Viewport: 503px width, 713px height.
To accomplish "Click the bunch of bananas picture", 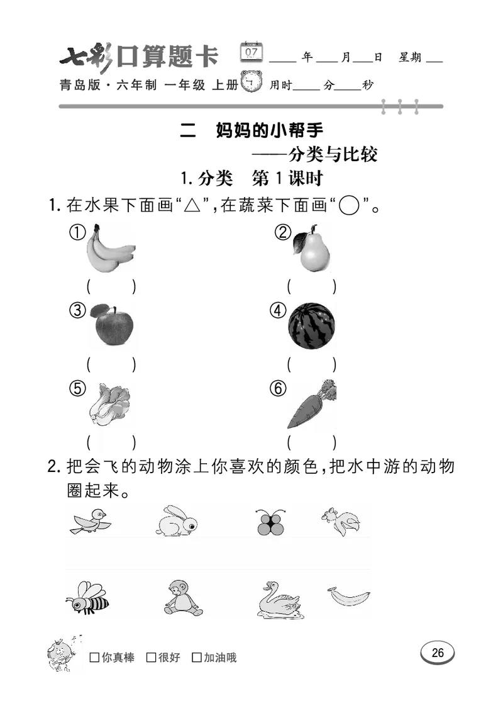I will (x=110, y=249).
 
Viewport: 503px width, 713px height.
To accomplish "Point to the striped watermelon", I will (x=312, y=326).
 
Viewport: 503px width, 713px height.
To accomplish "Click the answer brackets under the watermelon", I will (x=312, y=364).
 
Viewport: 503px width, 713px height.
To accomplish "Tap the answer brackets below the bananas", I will (x=111, y=286).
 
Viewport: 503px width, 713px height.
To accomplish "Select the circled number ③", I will (x=77, y=310).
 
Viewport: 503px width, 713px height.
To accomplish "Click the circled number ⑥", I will (x=277, y=389).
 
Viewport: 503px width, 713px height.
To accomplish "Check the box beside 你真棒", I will (x=95, y=658).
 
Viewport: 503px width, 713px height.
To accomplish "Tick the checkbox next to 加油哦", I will (x=197, y=658).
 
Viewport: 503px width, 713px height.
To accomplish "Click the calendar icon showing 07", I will (x=252, y=52).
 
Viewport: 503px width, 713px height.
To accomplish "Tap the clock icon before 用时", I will (x=253, y=82).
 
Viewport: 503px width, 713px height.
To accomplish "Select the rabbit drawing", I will (x=176, y=522).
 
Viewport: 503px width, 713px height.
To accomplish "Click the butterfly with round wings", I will (x=272, y=522).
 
